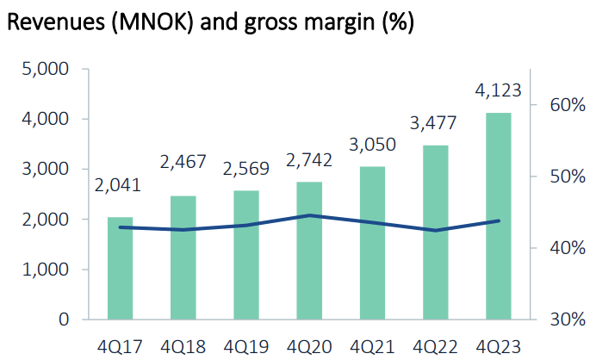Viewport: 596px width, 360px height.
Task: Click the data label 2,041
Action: click(x=118, y=185)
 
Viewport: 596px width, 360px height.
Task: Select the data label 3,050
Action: click(x=372, y=144)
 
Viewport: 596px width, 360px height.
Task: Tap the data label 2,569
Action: click(x=245, y=168)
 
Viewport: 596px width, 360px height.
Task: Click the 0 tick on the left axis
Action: click(x=64, y=320)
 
